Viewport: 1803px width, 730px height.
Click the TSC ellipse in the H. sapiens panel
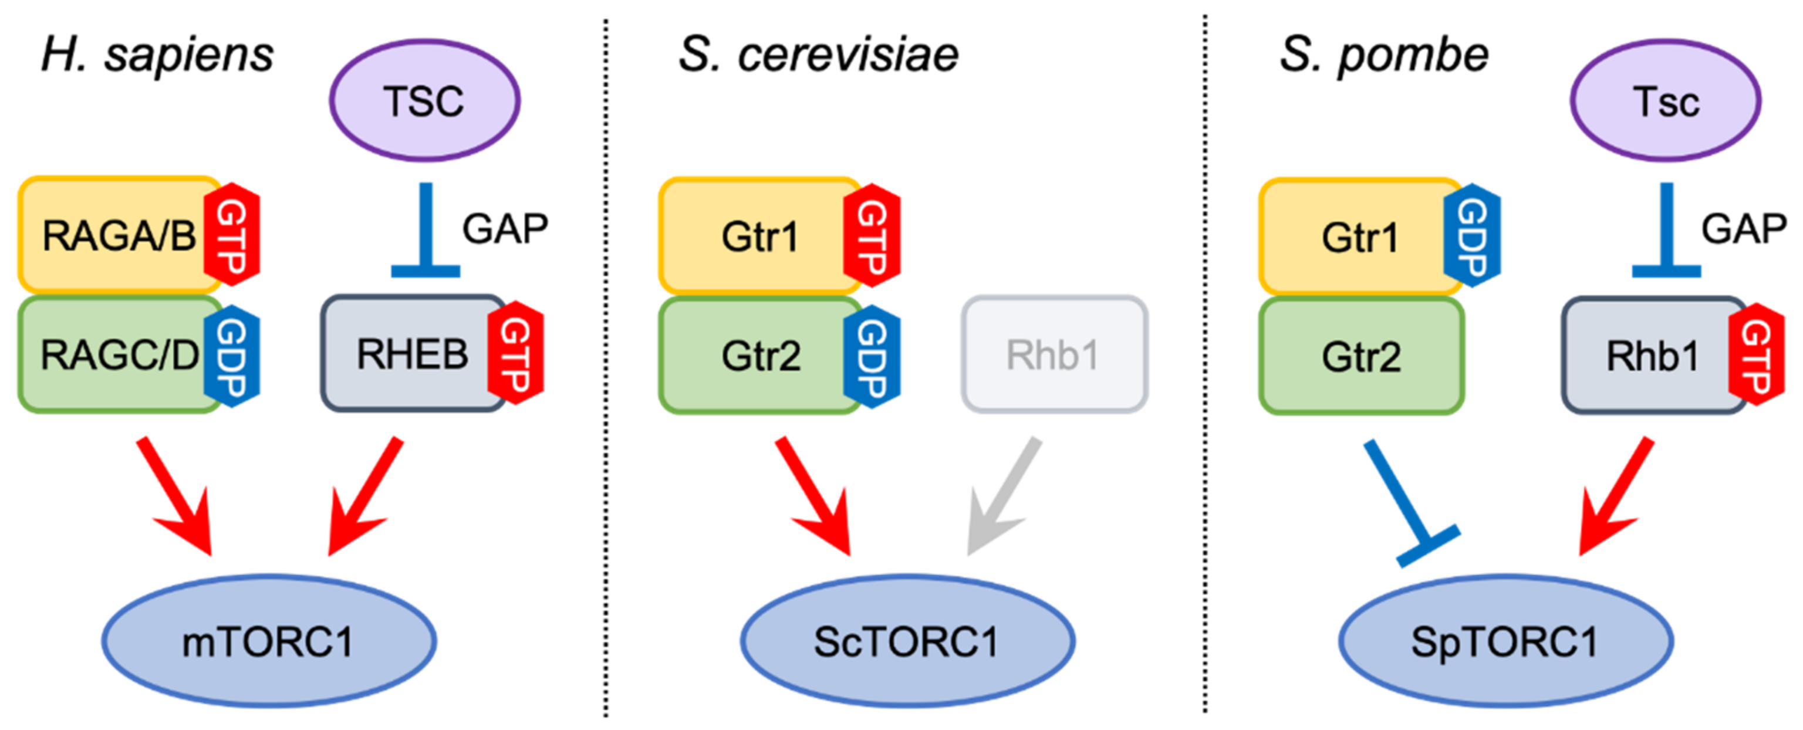424,100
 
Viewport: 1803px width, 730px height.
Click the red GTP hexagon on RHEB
516,353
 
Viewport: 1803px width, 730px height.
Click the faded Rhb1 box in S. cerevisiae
1054,355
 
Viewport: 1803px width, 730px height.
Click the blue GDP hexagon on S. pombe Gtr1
1472,236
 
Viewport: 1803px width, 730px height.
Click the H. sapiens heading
157,55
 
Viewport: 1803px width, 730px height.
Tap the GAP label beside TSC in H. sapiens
505,228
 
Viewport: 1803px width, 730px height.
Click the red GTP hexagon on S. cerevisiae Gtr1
872,236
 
